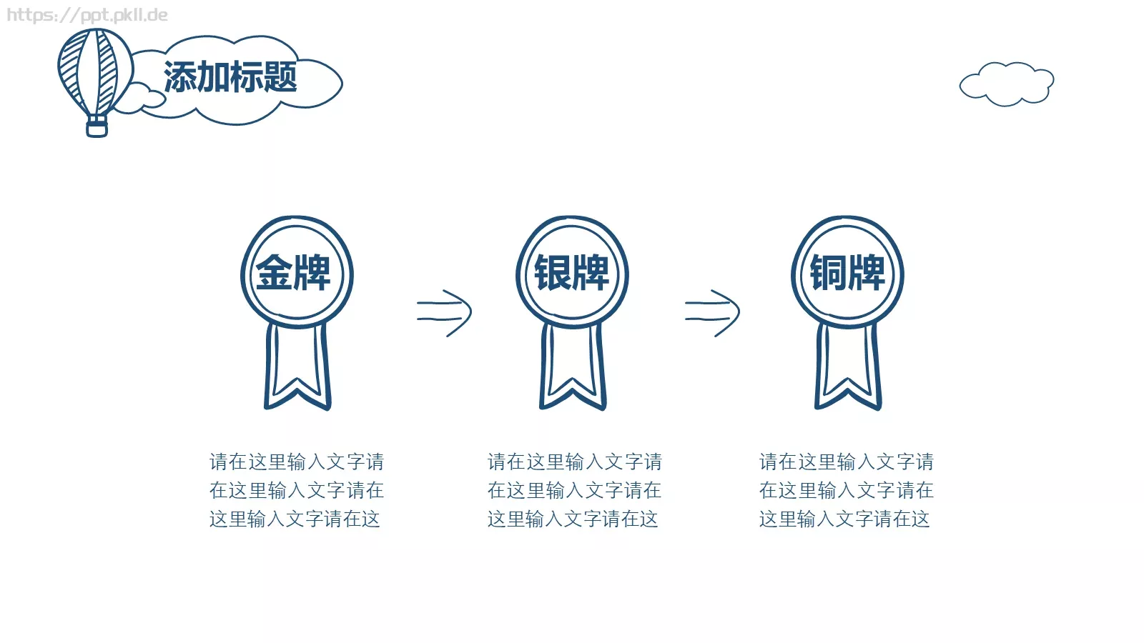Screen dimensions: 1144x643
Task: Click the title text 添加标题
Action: pos(230,76)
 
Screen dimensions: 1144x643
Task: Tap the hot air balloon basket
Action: pos(97,126)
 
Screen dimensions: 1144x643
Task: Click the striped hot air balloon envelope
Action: pos(95,71)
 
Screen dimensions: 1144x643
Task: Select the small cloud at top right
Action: pos(1007,84)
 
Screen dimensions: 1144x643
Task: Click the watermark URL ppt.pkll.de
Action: pos(87,15)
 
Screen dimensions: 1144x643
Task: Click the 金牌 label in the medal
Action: pos(293,273)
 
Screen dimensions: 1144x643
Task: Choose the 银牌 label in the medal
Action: pos(571,273)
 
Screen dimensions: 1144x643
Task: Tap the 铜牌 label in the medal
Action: pos(848,273)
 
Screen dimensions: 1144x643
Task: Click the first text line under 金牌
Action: pos(297,462)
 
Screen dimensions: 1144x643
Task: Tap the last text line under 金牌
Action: pos(295,519)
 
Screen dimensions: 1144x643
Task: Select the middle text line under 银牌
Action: pos(575,490)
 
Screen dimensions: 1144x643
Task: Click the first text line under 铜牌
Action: pos(847,462)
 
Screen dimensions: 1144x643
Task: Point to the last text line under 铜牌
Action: pos(844,519)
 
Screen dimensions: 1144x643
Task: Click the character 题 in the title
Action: pos(281,76)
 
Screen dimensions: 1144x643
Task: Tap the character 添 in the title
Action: pos(179,76)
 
